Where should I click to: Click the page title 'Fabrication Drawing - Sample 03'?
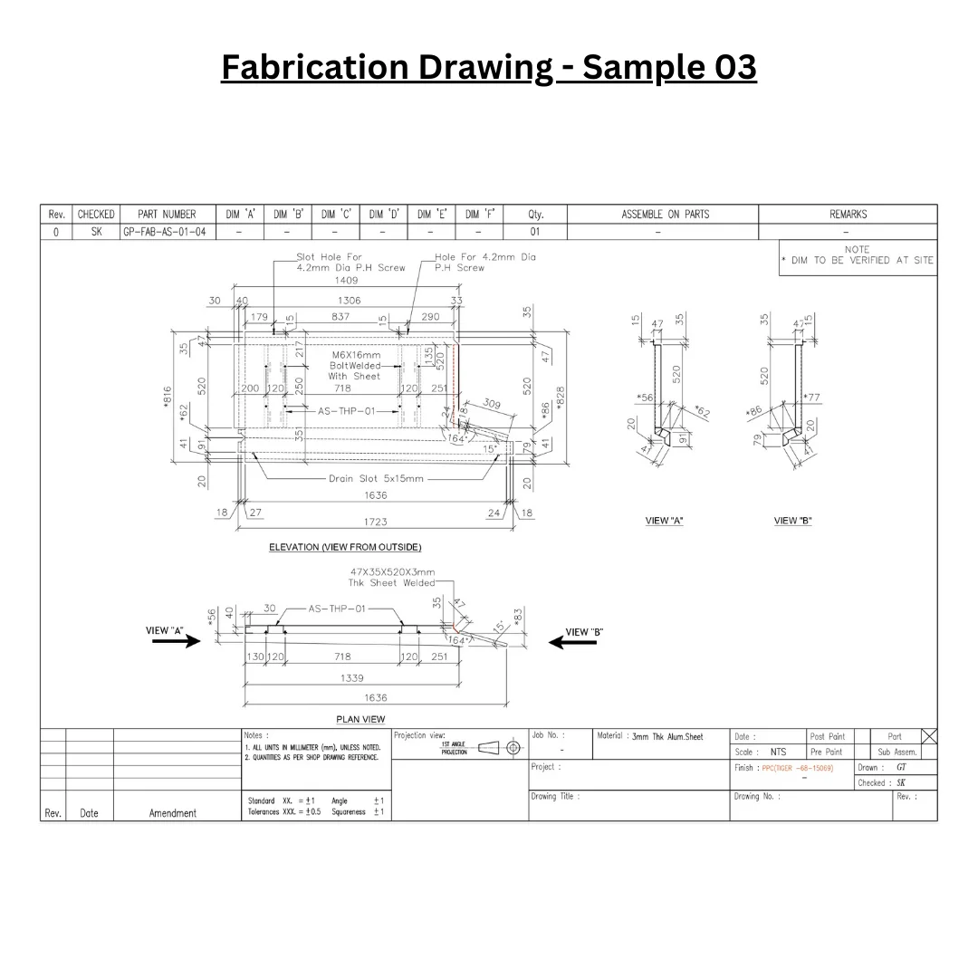488,68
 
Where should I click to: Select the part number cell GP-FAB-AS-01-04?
166,233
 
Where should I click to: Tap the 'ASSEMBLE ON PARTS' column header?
665,215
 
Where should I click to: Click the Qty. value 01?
535,233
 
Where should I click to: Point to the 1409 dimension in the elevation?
347,281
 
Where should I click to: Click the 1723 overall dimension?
375,523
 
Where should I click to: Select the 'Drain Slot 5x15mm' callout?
376,478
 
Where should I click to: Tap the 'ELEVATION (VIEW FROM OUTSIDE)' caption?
345,547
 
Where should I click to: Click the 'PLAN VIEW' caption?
360,719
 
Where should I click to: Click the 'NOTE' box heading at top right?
857,249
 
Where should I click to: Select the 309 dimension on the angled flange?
491,404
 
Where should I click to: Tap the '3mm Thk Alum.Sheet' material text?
667,737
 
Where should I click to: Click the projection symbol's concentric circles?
513,748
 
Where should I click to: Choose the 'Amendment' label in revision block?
172,813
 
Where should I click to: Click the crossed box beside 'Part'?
928,736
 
